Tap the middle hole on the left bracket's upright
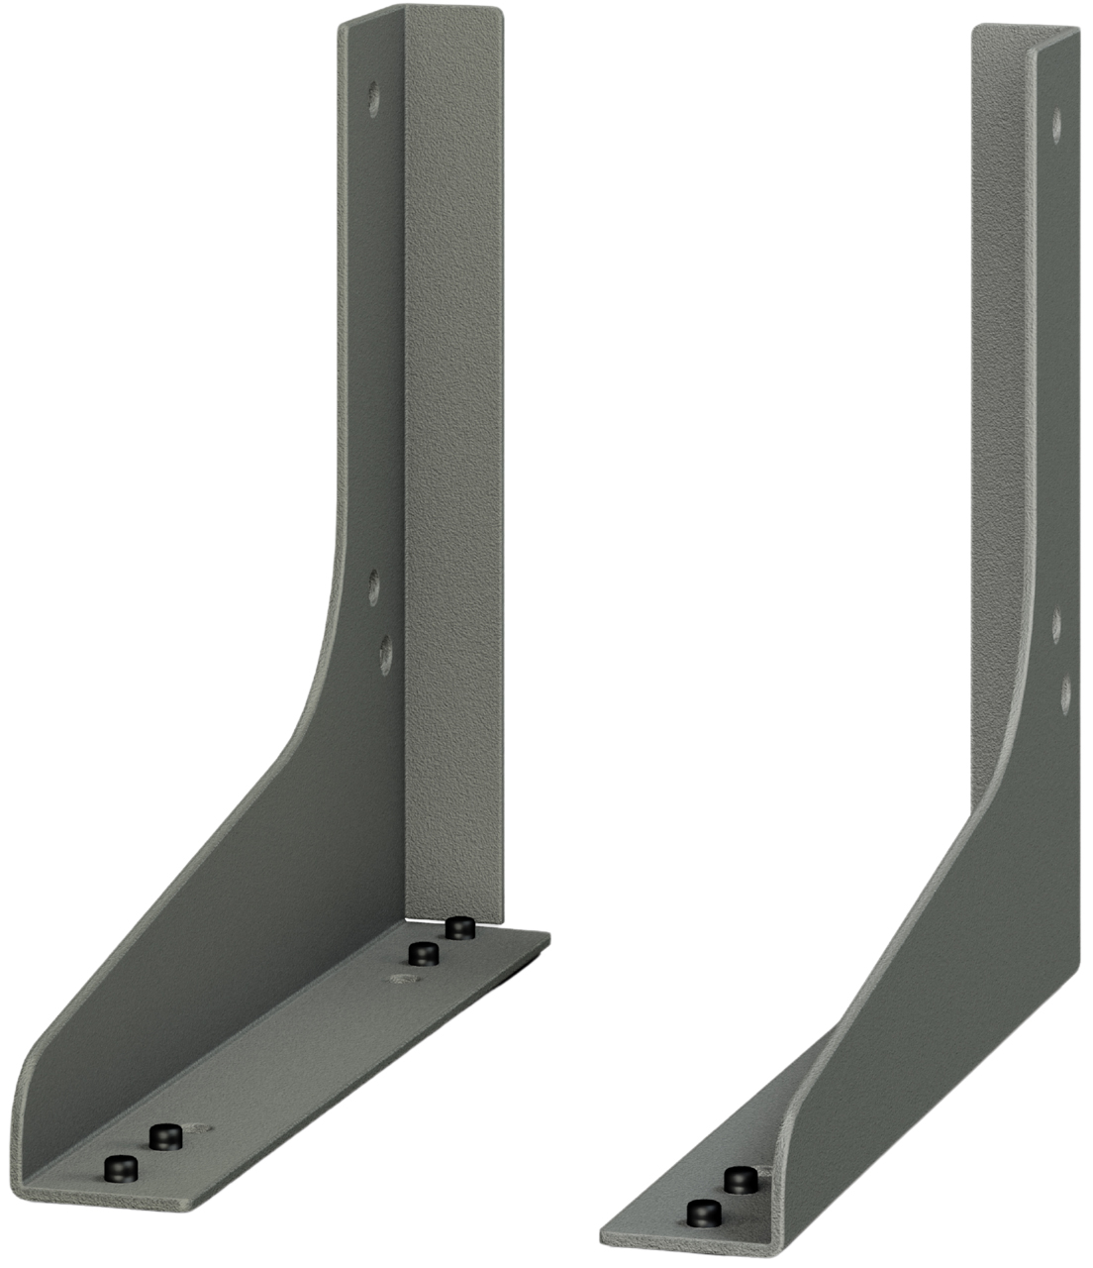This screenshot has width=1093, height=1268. click(x=374, y=586)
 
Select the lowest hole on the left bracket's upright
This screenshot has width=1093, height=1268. click(x=384, y=654)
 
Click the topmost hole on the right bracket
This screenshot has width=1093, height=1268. click(x=1056, y=123)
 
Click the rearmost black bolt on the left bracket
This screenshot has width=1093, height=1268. click(x=458, y=928)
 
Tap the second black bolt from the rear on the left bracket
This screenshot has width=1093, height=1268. click(x=424, y=954)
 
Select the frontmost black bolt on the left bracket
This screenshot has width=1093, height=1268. click(x=121, y=1168)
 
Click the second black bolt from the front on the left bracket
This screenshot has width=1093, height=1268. click(x=164, y=1136)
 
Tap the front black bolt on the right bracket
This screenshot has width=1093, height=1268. click(x=703, y=1213)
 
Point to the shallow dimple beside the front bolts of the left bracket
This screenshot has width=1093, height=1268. click(x=201, y=1128)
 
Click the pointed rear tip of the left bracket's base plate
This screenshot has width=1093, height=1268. click(x=546, y=938)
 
